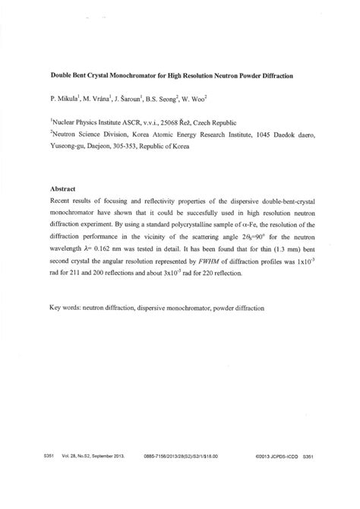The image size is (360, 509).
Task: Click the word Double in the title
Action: (x=63, y=77)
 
